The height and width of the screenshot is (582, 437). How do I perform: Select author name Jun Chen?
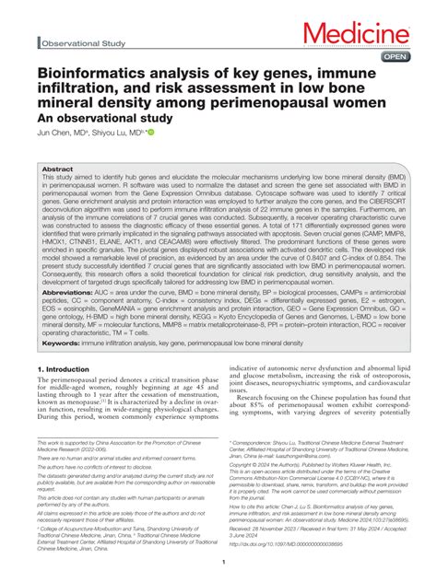tap(56, 133)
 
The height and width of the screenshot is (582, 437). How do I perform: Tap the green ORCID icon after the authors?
tap(150, 133)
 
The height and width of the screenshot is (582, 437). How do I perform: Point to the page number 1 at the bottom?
tap(218, 562)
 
